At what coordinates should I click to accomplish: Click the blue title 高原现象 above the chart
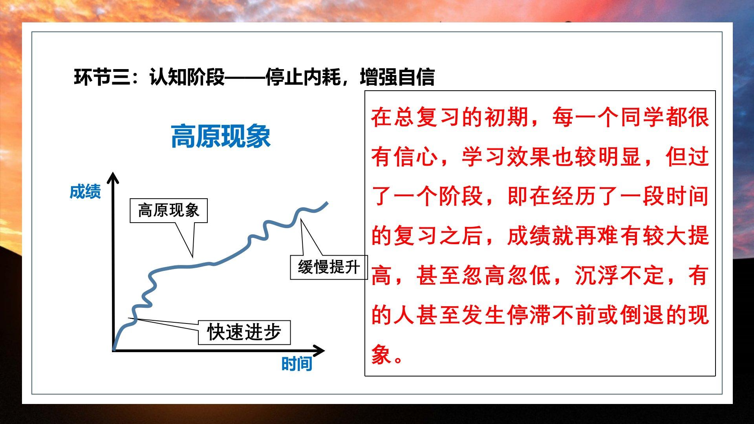(x=221, y=136)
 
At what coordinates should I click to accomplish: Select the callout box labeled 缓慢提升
(x=329, y=267)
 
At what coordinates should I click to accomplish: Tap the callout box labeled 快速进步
(x=244, y=333)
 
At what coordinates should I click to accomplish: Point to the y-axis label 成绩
(x=85, y=192)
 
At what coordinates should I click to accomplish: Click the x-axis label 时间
(x=297, y=364)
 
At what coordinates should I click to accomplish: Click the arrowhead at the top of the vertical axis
(x=113, y=177)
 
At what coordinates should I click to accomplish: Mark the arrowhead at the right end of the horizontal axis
(x=318, y=351)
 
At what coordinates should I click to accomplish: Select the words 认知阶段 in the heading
(x=187, y=77)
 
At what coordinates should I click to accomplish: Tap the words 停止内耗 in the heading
(x=303, y=77)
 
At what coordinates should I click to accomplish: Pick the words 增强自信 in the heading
(x=397, y=77)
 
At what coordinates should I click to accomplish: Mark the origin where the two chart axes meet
(x=113, y=350)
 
